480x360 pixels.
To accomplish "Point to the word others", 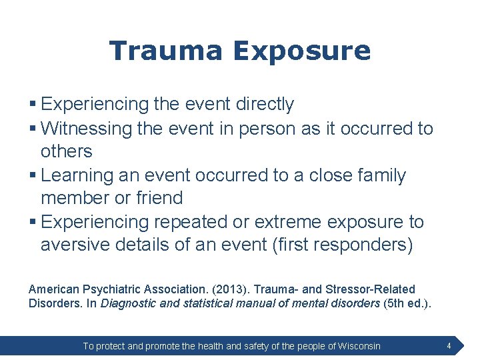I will [66, 151].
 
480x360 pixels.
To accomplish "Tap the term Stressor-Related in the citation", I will [373, 289].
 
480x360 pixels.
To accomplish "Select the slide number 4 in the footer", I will [449, 346].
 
